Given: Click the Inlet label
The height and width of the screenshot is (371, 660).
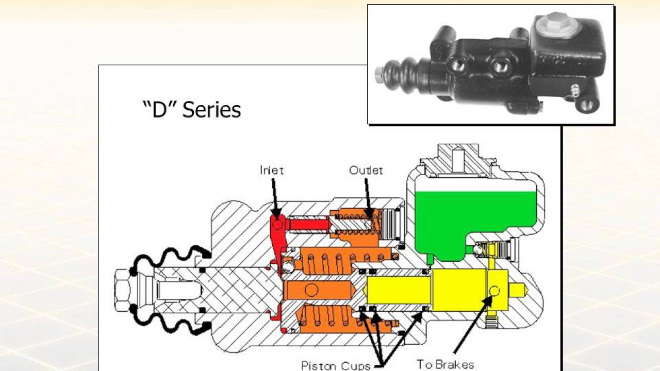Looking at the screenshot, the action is pos(272,170).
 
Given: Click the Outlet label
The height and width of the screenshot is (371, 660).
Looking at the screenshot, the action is pos(366,170).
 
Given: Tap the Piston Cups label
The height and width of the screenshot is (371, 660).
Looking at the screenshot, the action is pos(336,366).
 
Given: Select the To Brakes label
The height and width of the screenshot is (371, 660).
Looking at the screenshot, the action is pos(445,364).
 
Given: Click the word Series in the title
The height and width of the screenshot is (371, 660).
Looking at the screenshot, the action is pos(211,110).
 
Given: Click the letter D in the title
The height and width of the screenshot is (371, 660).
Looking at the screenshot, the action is pos(160,110).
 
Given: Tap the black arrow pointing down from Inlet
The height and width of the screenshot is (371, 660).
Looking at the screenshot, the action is pos(275,200).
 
